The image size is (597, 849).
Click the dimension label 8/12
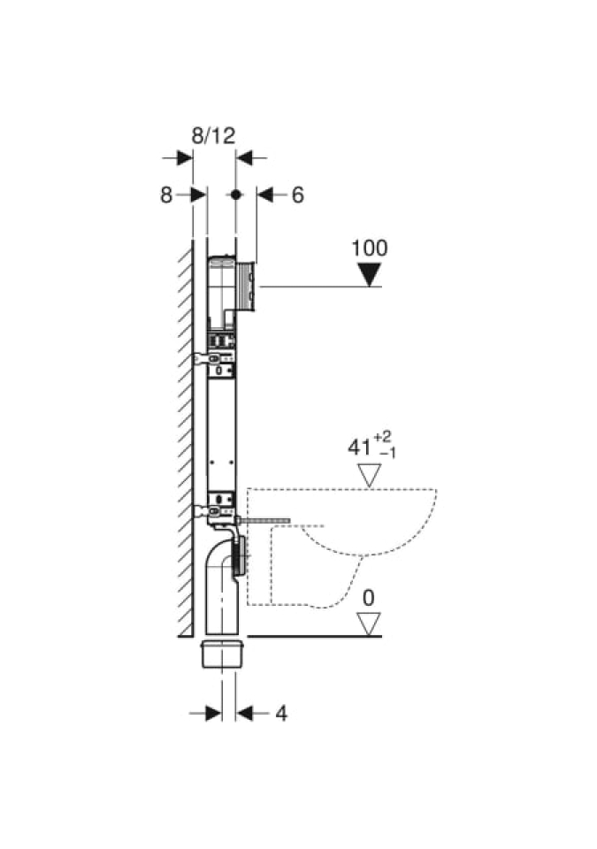pyautogui.click(x=213, y=135)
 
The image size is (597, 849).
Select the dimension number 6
pyautogui.click(x=298, y=195)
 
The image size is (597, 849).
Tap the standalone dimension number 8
pyautogui.click(x=165, y=195)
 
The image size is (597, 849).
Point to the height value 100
pyautogui.click(x=370, y=248)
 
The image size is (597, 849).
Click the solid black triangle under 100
pyautogui.click(x=371, y=274)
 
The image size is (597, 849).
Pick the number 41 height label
pyautogui.click(x=359, y=447)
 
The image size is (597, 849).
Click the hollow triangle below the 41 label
pyautogui.click(x=371, y=476)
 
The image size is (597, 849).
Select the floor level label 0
pyautogui.click(x=369, y=599)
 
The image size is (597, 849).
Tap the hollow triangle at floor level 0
pyautogui.click(x=370, y=623)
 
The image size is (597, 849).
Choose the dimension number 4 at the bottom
pyautogui.click(x=281, y=714)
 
